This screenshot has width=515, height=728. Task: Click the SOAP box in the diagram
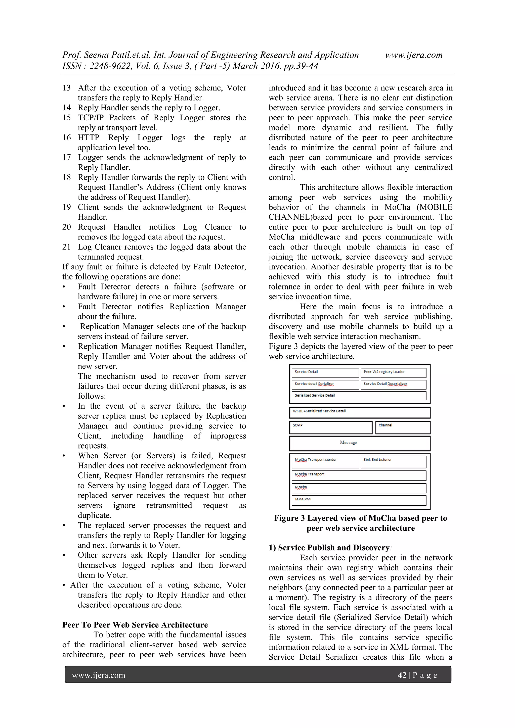pyautogui.click(x=330, y=427)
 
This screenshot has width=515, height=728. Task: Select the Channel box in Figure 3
pyautogui.click(x=402, y=427)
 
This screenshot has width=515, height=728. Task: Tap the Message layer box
pyautogui.click(x=360, y=443)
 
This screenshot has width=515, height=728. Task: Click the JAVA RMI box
pyautogui.click(x=359, y=500)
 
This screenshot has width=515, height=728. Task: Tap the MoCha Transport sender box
pyautogui.click(x=325, y=462)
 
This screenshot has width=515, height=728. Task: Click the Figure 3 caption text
pyautogui.click(x=360, y=523)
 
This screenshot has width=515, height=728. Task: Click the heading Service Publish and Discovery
pyautogui.click(x=333, y=548)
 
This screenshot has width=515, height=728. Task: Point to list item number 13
pyautogui.click(x=67, y=88)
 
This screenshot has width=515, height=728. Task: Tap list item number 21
pyautogui.click(x=67, y=247)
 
